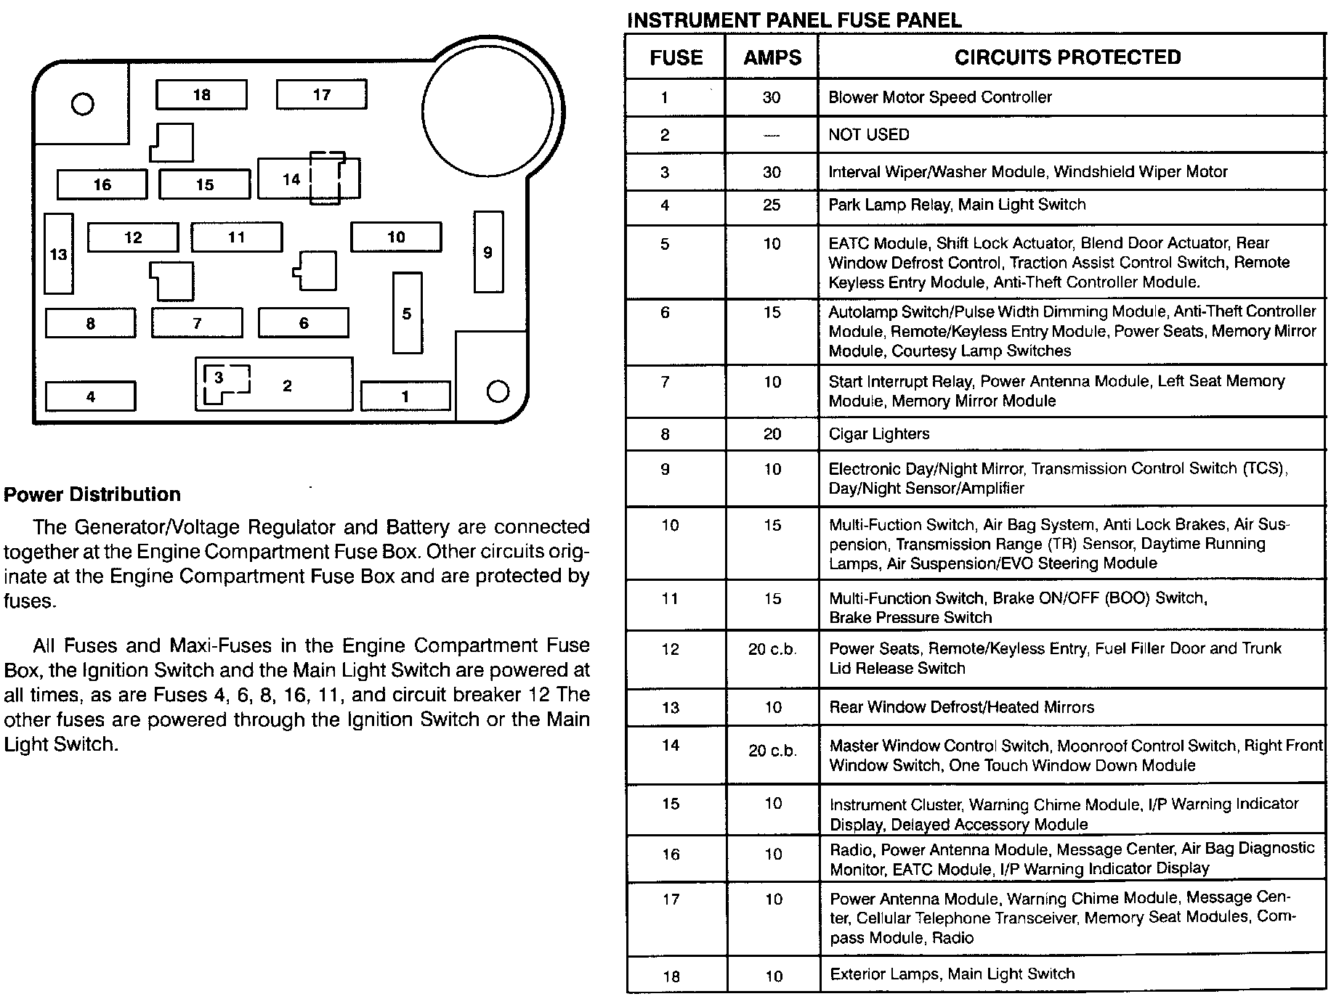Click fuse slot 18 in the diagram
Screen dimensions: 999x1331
(x=201, y=94)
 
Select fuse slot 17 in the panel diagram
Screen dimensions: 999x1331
(x=321, y=94)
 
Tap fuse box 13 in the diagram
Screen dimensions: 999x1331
(x=59, y=254)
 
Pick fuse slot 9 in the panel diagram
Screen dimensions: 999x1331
(x=488, y=252)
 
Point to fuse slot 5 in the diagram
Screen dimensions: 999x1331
(x=407, y=313)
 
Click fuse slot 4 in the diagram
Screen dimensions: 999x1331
(x=90, y=396)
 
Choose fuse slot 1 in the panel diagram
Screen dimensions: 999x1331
(x=405, y=396)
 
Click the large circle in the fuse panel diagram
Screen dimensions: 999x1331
(x=488, y=111)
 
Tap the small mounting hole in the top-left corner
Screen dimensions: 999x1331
(x=83, y=105)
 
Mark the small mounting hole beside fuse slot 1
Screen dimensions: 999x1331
(x=498, y=392)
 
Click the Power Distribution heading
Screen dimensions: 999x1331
(x=92, y=494)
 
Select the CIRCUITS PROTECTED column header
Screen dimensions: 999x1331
(x=1067, y=57)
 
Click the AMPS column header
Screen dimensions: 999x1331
(x=772, y=58)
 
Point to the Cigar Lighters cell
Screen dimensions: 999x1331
(x=879, y=434)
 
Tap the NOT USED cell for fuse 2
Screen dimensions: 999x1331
(x=869, y=135)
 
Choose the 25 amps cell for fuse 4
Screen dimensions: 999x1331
(x=772, y=205)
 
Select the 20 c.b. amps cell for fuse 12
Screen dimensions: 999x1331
(x=772, y=650)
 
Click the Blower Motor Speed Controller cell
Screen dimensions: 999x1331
(x=940, y=97)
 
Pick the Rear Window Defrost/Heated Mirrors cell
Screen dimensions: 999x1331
(x=961, y=707)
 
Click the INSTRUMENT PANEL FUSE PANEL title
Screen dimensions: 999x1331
(x=794, y=20)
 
